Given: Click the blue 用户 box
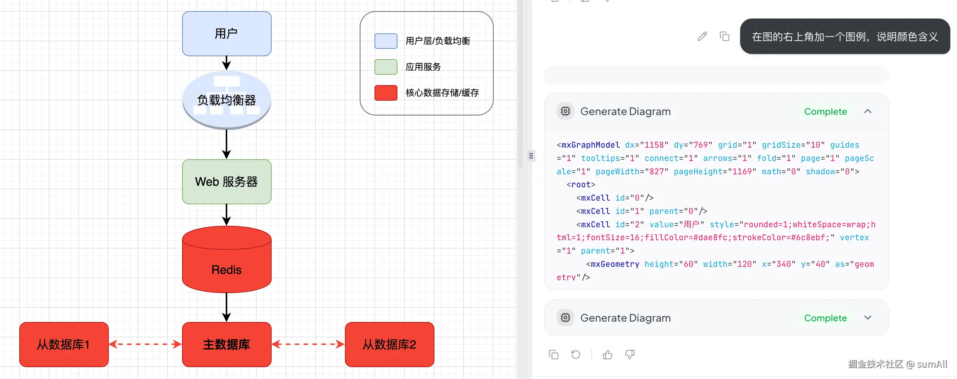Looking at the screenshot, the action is click(x=226, y=33).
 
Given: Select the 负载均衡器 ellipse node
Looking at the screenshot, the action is click(x=226, y=100).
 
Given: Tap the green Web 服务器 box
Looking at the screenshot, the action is click(x=226, y=182).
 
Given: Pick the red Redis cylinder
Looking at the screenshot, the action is click(x=226, y=259).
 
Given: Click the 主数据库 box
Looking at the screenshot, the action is click(x=226, y=345).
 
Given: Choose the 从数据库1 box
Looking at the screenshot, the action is click(x=64, y=345).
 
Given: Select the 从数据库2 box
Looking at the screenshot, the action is click(x=389, y=345).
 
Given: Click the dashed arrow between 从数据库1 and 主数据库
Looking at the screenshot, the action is click(x=145, y=345).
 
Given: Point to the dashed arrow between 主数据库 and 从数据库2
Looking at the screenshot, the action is click(x=308, y=345).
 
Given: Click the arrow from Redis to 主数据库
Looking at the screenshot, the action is click(x=226, y=307).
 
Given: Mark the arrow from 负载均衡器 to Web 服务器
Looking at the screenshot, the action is click(x=226, y=145).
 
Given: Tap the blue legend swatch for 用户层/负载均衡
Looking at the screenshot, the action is click(x=386, y=41).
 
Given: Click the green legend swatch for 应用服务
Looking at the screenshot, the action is click(x=386, y=67).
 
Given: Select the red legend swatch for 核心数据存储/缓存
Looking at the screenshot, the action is click(x=386, y=93).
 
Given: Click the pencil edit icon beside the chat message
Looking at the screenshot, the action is click(x=702, y=36).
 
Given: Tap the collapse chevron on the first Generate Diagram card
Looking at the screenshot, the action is click(x=868, y=111).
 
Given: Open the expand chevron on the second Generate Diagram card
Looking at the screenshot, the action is click(x=868, y=318).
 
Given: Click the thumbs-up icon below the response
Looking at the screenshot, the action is click(x=608, y=355).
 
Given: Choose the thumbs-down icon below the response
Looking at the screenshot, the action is click(x=630, y=355).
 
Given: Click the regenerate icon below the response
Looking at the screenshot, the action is click(x=576, y=355).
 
